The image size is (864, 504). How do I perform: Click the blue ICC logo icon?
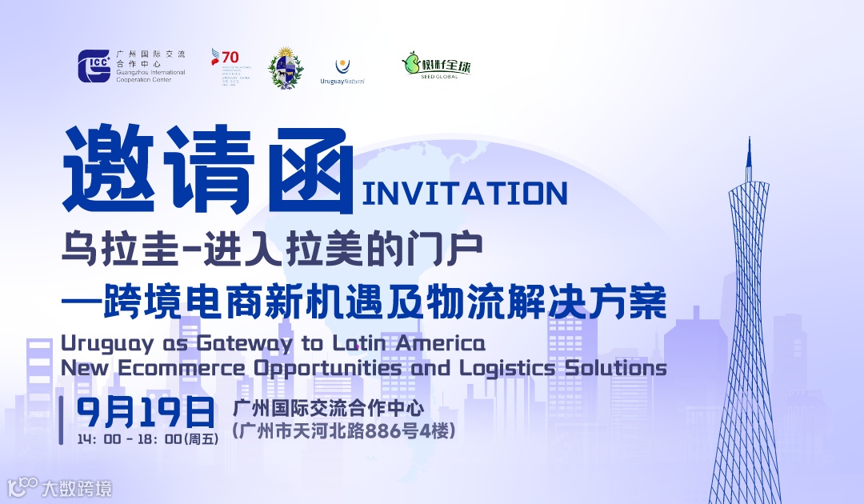[94, 66]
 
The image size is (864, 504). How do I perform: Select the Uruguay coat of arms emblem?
[285, 68]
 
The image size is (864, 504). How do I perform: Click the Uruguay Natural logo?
[342, 71]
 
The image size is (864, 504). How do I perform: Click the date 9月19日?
[146, 412]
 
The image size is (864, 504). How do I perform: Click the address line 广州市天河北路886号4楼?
[343, 431]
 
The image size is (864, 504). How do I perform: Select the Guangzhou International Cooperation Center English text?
[150, 76]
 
